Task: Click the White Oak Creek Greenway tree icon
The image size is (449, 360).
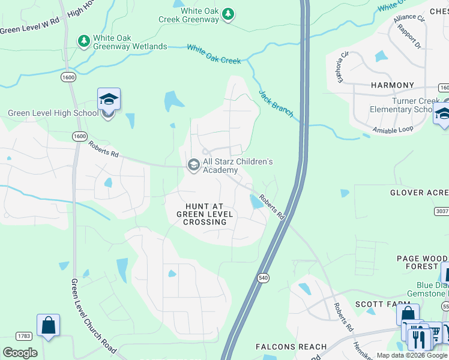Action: point(228,14)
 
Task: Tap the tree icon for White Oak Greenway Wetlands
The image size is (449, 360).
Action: point(84,41)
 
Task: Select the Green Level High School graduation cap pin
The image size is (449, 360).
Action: point(109,99)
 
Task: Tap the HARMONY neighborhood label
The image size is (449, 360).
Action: point(393,85)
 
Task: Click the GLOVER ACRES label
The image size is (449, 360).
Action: point(419,193)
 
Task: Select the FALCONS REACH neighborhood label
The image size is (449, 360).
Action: point(291,347)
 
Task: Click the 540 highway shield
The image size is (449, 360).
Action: point(265,278)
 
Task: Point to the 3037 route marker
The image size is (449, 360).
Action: point(441,211)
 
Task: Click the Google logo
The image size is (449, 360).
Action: point(20,352)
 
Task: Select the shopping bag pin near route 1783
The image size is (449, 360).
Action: point(48,326)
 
